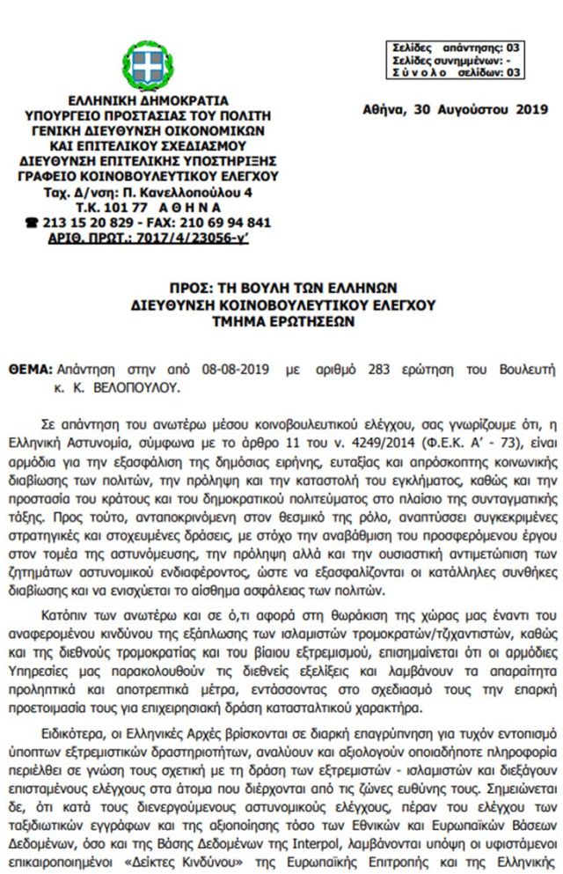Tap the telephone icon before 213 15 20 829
[33, 223]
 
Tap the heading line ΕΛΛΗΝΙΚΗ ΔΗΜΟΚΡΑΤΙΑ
[148, 102]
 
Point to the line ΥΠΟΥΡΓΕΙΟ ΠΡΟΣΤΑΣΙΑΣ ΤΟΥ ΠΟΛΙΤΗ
[148, 116]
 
